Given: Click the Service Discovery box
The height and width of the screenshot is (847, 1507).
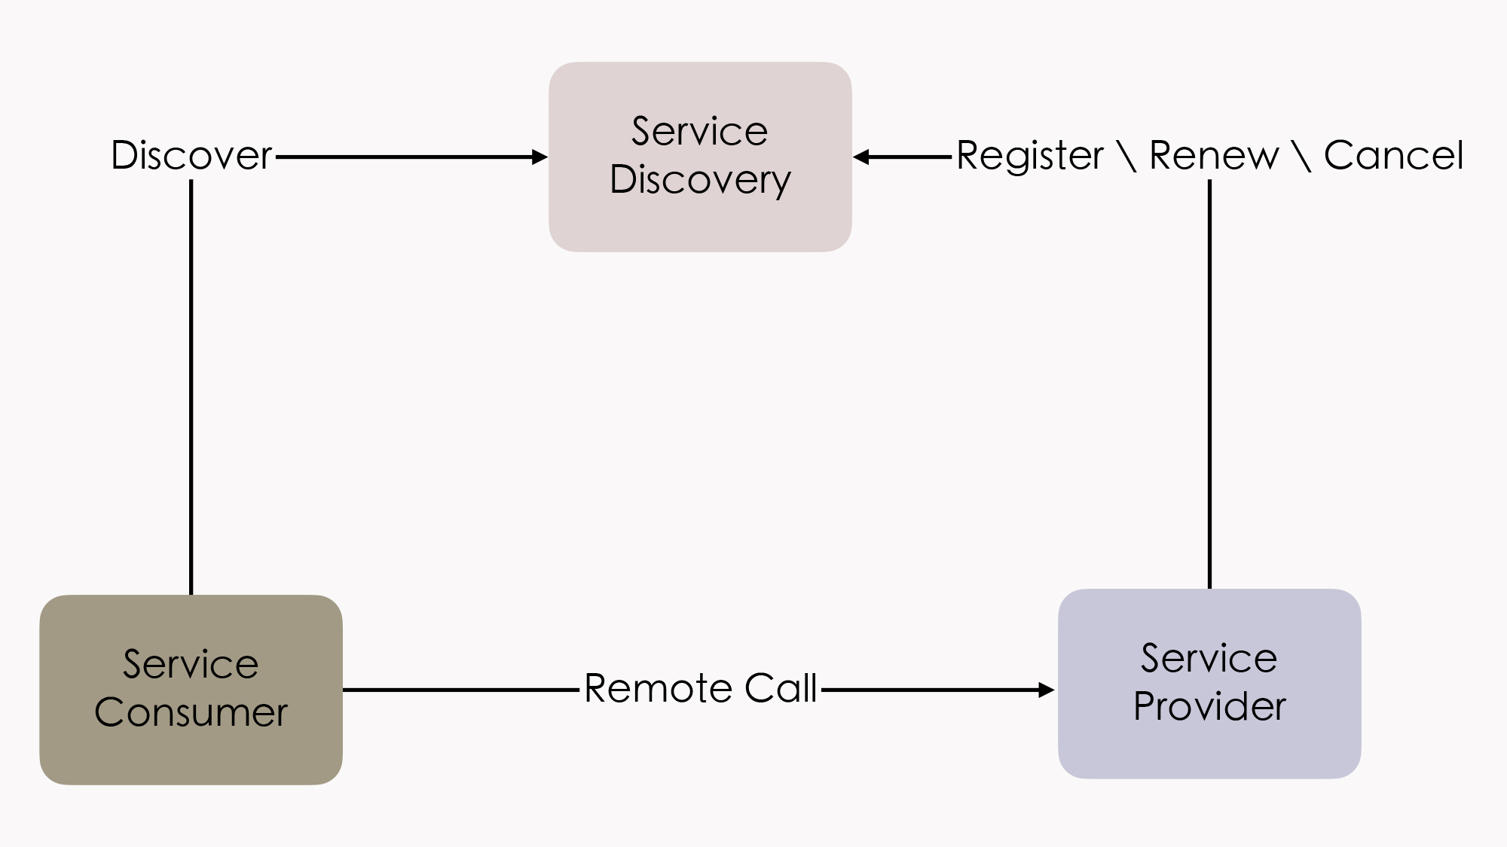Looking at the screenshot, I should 700,157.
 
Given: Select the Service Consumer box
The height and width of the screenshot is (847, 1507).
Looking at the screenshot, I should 191,690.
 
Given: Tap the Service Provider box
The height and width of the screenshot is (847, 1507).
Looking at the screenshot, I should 1209,684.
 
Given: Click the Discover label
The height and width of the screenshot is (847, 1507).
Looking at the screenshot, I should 191,156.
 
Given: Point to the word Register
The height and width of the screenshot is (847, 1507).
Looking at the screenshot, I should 1030,156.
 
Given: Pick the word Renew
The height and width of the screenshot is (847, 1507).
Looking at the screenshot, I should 1214,156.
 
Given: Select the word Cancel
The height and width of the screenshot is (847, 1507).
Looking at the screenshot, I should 1393,156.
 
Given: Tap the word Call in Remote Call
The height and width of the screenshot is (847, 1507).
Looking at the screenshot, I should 781,688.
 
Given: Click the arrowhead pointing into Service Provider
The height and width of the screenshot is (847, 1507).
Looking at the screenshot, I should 1047,690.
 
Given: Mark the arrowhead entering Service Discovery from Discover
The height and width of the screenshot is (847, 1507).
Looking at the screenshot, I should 540,157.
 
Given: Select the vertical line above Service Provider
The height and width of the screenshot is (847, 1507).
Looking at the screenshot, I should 1210,384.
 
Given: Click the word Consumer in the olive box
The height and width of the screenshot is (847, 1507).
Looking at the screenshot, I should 191,712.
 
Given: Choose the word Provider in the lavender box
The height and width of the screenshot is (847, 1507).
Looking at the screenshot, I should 1209,706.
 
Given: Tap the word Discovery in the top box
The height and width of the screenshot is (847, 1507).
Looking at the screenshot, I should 700,180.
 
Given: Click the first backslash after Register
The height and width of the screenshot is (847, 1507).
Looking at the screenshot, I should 1127,156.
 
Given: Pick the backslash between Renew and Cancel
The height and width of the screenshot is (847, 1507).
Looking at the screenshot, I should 1301,156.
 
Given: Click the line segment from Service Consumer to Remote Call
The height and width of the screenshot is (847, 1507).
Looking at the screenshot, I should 460,690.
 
